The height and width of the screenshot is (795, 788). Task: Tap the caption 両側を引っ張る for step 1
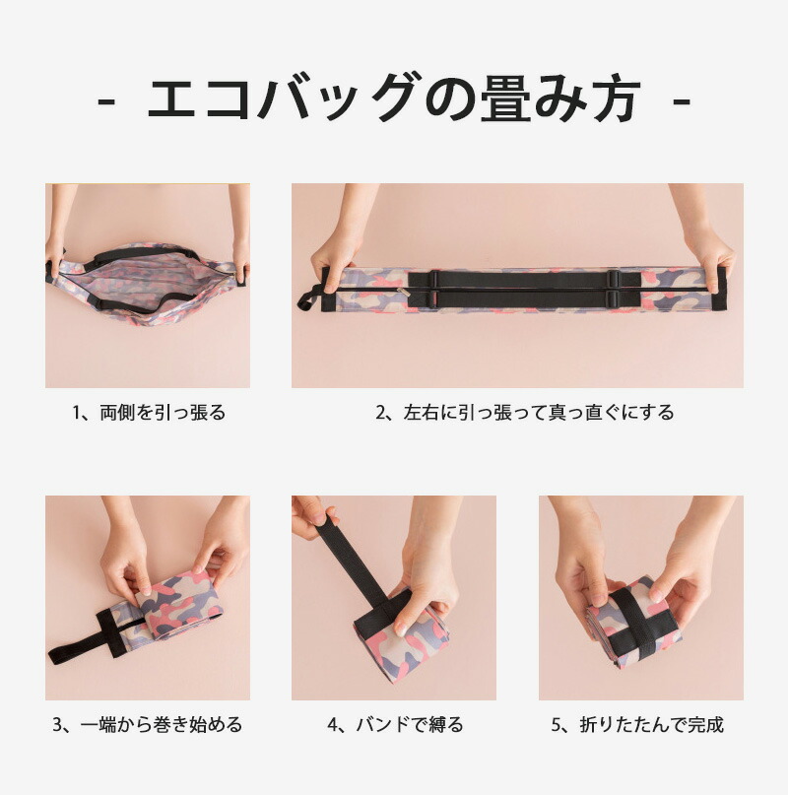163,413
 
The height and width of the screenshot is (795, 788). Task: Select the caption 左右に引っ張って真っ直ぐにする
539,413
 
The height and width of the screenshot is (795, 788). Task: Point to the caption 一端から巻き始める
162,725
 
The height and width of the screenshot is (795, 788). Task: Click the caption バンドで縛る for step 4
410,725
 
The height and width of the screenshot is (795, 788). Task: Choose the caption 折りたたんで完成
652,725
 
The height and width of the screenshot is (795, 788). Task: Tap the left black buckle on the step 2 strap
434,289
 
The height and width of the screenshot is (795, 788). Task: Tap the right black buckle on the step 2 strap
613,289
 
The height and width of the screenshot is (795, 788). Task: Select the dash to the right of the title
682,101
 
